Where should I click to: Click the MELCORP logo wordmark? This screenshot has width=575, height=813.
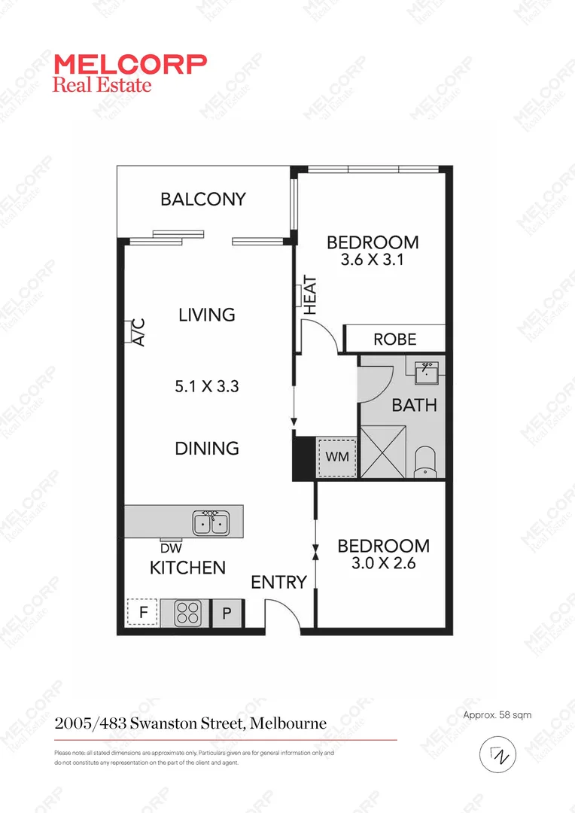coord(129,63)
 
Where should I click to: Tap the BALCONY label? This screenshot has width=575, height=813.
coord(203,199)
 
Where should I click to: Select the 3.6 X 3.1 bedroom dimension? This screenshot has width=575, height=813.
coord(372,261)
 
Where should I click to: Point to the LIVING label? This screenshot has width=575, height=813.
coord(207,315)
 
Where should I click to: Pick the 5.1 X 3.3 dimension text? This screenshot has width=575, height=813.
coord(207,387)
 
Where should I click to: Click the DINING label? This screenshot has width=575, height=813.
coord(207,449)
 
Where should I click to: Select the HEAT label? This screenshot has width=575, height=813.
coord(310,296)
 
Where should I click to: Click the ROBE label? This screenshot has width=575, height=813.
coord(395,340)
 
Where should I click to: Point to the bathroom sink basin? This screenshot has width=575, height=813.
coord(430,371)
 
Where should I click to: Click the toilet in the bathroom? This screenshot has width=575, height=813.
coord(426,461)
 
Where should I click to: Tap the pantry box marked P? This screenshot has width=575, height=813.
coord(227,614)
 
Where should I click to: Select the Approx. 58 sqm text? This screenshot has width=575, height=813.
coord(497,715)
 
